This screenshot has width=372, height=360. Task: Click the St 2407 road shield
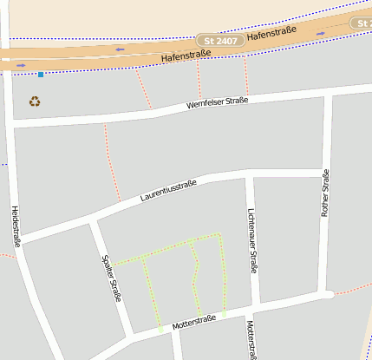pyautogui.click(x=219, y=41)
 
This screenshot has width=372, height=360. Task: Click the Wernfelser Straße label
pyautogui.click(x=217, y=103)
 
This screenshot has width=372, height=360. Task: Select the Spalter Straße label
pyautogui.click(x=111, y=278)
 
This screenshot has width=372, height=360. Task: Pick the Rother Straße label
pyautogui.click(x=325, y=193)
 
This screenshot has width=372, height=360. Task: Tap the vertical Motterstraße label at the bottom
pyautogui.click(x=251, y=341)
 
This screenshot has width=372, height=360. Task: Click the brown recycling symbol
pyautogui.click(x=35, y=101)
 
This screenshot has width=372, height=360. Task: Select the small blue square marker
pyautogui.click(x=40, y=75)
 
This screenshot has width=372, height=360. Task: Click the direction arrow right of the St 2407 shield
pyautogui.click(x=321, y=33)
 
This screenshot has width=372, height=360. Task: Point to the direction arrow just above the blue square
pyautogui.click(x=21, y=64)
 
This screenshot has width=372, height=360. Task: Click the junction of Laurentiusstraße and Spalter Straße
pyautogui.click(x=91, y=222)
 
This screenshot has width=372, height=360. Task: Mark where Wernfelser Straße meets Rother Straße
pyautogui.click(x=328, y=95)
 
